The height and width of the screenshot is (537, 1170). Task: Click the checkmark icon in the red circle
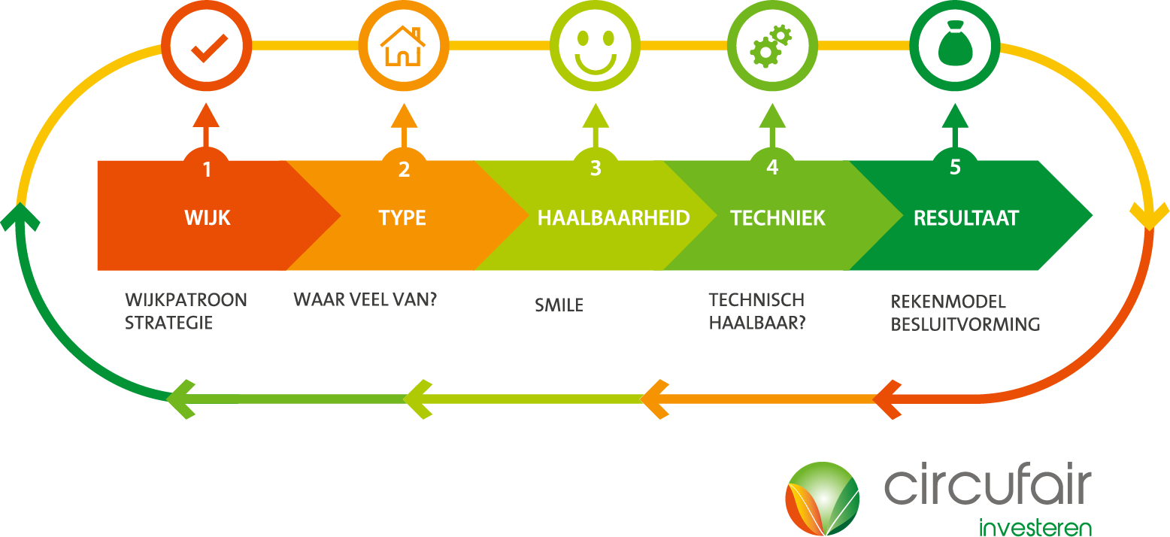click(209, 48)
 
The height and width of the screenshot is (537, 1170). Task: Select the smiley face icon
click(596, 51)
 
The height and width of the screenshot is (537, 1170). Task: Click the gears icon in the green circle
click(771, 46)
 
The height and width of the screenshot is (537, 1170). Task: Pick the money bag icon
click(955, 44)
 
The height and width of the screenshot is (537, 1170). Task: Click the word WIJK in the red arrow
click(208, 218)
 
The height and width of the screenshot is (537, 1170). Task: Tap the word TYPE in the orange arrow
click(402, 218)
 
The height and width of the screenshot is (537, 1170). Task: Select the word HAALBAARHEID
click(614, 218)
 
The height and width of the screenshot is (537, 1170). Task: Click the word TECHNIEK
click(777, 218)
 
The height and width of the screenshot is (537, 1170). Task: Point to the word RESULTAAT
click(966, 218)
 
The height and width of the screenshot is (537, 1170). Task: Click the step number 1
click(207, 170)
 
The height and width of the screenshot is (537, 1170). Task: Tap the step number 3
click(596, 168)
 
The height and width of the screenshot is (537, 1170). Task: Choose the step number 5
click(955, 167)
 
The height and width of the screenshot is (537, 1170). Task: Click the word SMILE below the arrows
click(559, 305)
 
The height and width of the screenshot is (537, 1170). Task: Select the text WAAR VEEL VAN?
click(365, 299)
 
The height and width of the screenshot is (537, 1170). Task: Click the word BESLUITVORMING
click(965, 324)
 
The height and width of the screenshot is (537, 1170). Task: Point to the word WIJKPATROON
click(186, 300)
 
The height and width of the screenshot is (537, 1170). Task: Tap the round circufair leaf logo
click(823, 499)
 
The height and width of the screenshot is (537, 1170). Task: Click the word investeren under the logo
click(1035, 527)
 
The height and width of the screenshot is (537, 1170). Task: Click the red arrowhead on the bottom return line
click(887, 399)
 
